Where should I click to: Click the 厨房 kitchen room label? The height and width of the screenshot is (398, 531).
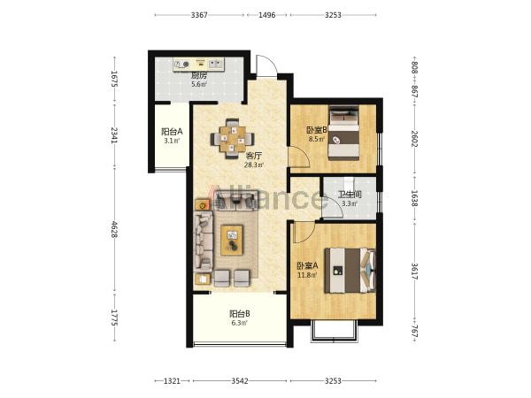point(199,75)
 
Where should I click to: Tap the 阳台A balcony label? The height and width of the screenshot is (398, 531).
point(172,131)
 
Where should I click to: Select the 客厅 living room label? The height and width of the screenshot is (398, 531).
point(254,156)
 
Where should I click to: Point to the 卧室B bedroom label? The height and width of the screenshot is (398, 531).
point(317,130)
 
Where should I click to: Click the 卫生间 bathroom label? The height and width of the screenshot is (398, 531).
point(350,195)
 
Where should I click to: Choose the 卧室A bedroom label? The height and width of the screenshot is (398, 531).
point(307,265)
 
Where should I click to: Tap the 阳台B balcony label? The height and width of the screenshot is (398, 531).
point(240,314)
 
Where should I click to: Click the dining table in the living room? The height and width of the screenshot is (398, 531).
point(232,139)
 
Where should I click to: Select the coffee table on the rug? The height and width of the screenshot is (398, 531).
point(232,240)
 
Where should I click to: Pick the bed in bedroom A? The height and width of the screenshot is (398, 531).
point(350,270)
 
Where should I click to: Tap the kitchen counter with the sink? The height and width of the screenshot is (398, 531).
point(198,65)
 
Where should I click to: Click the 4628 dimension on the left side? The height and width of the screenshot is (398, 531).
point(114,229)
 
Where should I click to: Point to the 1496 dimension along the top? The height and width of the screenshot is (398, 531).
point(267,15)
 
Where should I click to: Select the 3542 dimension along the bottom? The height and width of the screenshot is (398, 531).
point(240,381)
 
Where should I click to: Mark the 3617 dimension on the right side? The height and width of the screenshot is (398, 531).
point(414,272)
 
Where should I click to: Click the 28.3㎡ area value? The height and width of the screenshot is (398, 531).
point(254,165)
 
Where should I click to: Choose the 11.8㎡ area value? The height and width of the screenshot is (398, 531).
point(307,275)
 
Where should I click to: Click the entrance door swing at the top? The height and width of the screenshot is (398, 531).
point(266,66)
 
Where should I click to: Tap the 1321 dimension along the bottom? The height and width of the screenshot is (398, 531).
point(172,381)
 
